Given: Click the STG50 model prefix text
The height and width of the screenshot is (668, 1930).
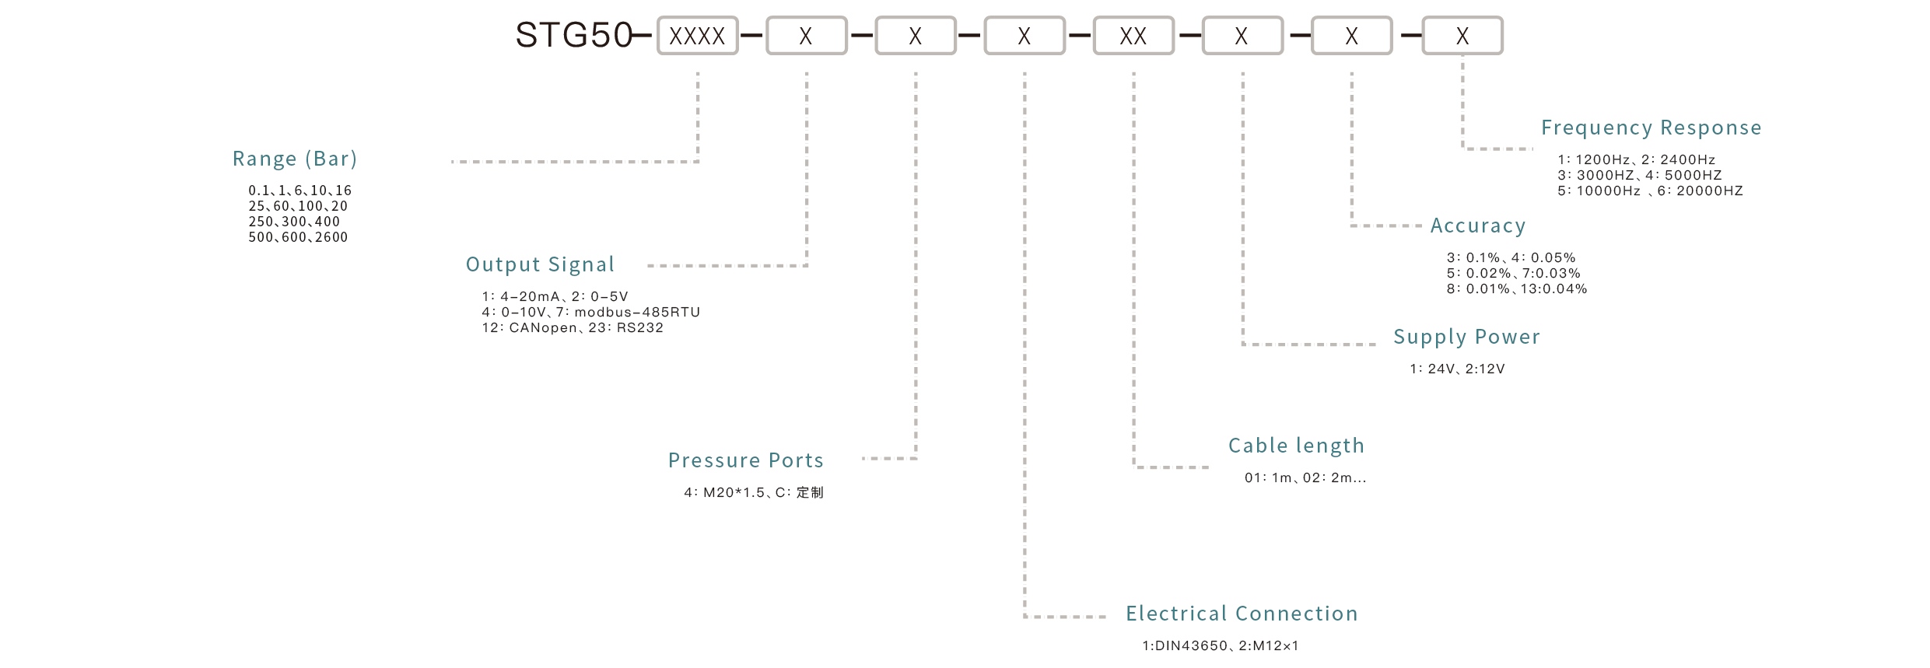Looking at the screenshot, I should [573, 36].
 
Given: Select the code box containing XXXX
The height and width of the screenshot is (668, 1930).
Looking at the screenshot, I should [697, 36].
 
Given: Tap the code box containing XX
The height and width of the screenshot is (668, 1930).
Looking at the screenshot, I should [1133, 36].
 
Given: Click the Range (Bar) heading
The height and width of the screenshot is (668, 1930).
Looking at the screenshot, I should [295, 159].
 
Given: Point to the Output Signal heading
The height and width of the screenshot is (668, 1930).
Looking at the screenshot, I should [540, 264].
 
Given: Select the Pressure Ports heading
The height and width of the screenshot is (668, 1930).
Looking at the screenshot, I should [745, 460].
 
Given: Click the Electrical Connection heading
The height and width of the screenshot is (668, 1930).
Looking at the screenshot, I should [1242, 614].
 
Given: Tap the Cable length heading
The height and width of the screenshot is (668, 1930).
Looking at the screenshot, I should [1296, 446].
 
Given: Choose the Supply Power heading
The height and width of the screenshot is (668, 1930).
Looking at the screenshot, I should [1466, 337].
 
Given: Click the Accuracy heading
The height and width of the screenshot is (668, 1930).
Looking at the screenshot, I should [1478, 226].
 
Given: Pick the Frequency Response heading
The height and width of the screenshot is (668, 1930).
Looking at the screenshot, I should [1651, 128].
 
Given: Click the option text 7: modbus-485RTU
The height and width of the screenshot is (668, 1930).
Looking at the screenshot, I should [628, 312].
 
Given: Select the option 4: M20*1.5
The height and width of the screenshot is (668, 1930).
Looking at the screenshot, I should [723, 492].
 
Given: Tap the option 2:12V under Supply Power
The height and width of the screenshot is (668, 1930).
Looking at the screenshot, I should [1485, 369].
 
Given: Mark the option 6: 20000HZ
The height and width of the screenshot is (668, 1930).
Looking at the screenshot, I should [1700, 191].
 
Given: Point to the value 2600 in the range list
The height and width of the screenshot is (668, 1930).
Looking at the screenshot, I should [331, 237].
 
